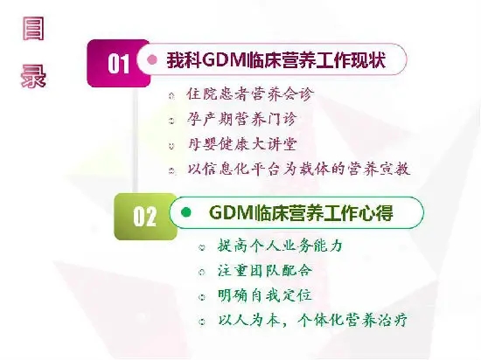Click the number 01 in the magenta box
(118, 64)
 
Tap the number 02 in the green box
(145, 217)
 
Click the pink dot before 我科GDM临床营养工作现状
(152, 59)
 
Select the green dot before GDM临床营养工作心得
(186, 212)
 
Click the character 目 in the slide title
(33, 29)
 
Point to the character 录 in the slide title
(33, 76)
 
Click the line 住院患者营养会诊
(250, 94)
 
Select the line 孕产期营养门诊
(242, 119)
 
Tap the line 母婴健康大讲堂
(242, 144)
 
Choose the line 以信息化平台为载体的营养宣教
(299, 170)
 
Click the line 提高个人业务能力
(280, 246)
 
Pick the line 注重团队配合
(265, 271)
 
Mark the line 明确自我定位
(265, 295)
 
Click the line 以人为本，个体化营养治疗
(312, 321)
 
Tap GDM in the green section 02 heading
(232, 212)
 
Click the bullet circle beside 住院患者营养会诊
(171, 96)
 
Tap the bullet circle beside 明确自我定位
(201, 297)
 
